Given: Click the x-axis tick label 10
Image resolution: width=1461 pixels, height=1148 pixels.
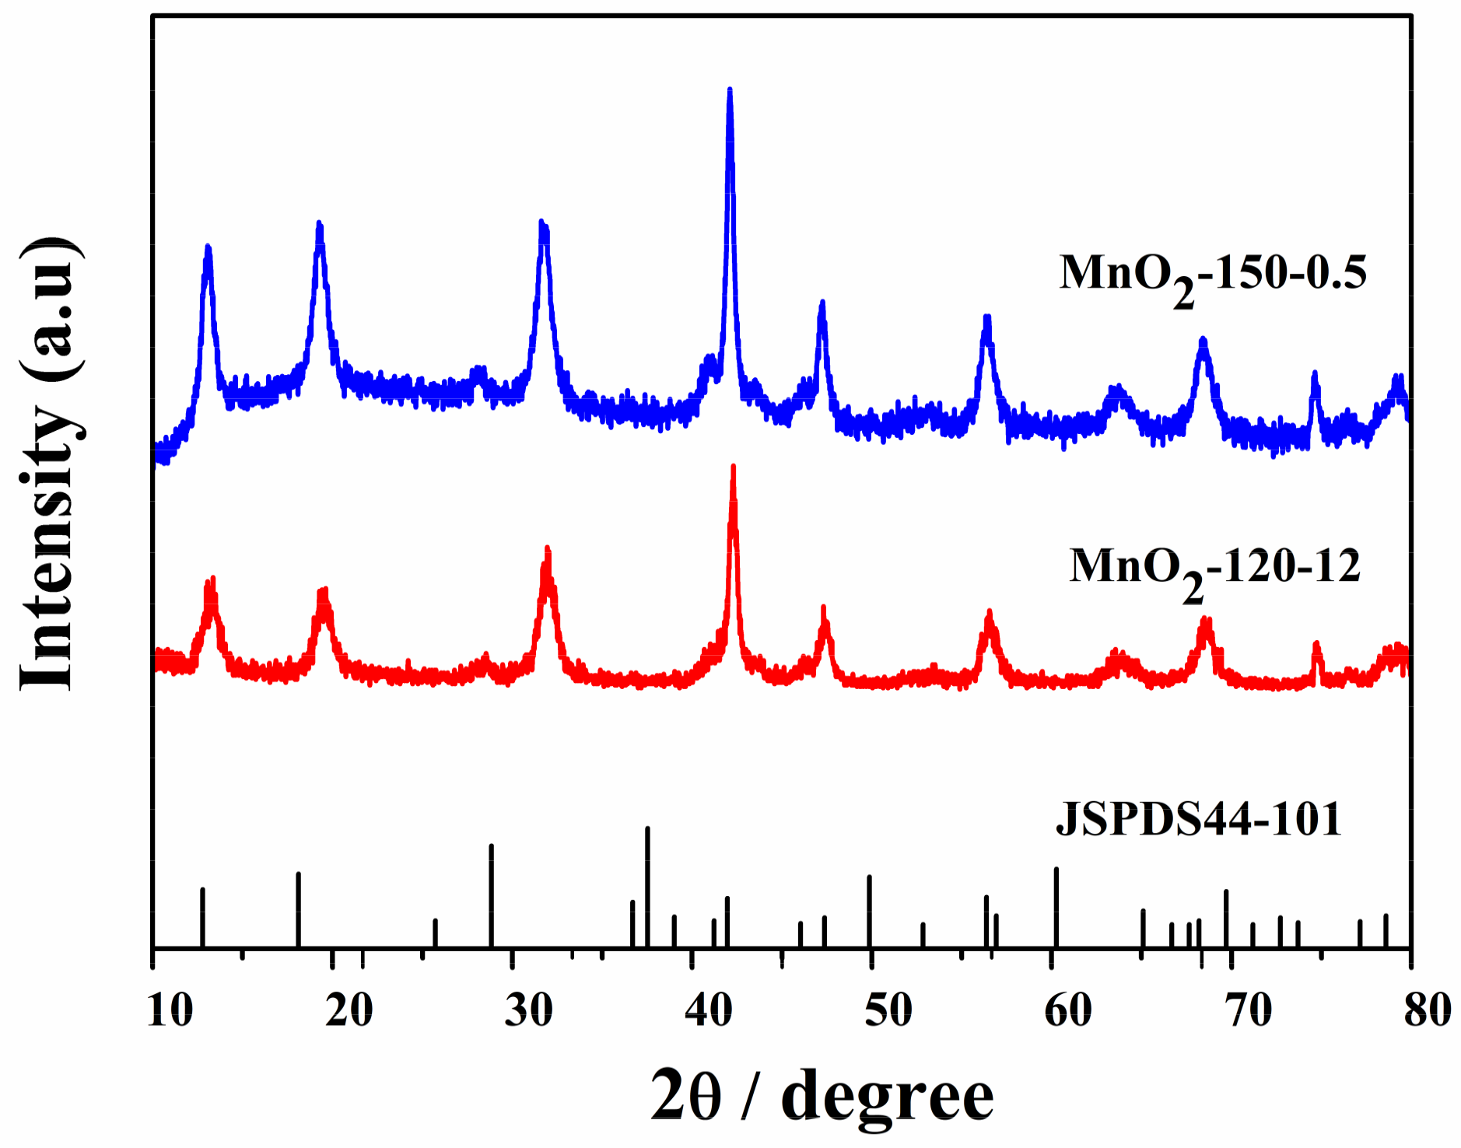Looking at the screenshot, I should (170, 1011).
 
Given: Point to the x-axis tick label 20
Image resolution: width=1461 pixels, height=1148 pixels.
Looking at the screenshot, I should (349, 1011).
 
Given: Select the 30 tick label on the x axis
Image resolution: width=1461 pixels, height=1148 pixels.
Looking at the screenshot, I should (529, 1011).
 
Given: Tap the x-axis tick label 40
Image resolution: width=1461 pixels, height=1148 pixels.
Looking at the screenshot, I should (709, 1011).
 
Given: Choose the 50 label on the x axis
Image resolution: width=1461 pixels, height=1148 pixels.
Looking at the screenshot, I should (888, 1011).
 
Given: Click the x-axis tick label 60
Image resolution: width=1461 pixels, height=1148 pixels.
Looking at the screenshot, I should (1068, 1011).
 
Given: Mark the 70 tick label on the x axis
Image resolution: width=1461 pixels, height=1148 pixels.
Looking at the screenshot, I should (1248, 1011).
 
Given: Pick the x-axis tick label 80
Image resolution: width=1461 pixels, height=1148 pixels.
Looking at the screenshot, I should (1428, 1011).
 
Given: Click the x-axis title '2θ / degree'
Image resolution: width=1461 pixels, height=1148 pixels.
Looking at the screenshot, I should (822, 1097).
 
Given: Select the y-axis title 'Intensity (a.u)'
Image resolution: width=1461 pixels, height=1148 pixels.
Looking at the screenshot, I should (48, 464).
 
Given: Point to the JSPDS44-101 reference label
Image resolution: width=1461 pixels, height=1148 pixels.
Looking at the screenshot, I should (1199, 819).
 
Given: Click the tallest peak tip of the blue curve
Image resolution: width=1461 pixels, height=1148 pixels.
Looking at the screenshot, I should (730, 90).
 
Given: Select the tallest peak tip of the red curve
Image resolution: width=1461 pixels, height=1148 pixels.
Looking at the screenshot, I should (733, 467).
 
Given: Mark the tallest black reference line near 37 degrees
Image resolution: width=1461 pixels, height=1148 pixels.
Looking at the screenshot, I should (647, 887).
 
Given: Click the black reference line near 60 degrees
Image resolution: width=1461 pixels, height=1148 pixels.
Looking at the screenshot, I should (1056, 907).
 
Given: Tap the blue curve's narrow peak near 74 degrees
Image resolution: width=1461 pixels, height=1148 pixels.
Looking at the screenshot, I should (1315, 374).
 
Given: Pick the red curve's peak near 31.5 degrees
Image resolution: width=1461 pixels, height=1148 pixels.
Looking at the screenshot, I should (548, 550).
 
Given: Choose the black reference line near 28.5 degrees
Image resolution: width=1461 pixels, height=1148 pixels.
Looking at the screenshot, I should (491, 894).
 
